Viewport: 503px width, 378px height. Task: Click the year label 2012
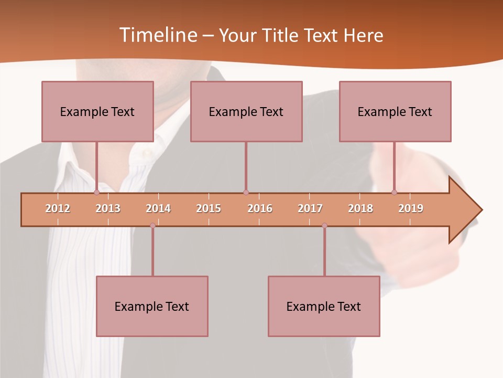point(58,208)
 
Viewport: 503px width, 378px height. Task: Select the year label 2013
point(108,208)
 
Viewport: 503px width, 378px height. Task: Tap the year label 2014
point(158,208)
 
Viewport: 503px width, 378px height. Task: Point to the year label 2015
point(209,208)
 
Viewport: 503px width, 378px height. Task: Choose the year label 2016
point(260,208)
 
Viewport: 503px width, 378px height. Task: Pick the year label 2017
point(310,208)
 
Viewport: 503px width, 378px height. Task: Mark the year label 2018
point(360,208)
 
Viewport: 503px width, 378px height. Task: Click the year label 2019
point(411,208)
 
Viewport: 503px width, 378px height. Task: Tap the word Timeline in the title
point(158,35)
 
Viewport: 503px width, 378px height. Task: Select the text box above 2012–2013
point(97,111)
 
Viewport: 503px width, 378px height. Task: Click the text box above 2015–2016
point(246,111)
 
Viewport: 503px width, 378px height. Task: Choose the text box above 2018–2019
point(395,111)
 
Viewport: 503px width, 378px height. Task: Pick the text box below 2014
point(152,306)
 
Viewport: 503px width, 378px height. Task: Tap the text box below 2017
point(324,306)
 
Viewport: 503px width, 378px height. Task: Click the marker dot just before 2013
point(96,193)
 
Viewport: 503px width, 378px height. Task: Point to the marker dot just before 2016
point(246,193)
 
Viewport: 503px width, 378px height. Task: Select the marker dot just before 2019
point(395,193)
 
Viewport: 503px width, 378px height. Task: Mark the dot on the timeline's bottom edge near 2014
point(152,226)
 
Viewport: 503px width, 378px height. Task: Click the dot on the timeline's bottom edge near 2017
point(324,226)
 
